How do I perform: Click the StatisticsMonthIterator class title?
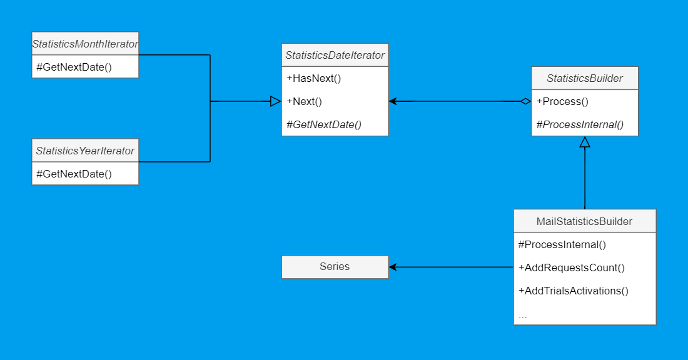tap(85, 44)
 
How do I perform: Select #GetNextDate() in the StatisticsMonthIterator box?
tap(74, 67)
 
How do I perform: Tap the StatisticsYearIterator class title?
tap(85, 151)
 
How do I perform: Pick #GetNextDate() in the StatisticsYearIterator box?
tap(74, 174)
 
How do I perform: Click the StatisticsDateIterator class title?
tap(335, 55)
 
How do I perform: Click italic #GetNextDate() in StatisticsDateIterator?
tap(324, 124)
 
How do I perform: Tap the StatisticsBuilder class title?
tap(584, 78)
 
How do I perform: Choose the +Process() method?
tap(562, 101)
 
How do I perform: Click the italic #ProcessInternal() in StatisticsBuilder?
tap(580, 124)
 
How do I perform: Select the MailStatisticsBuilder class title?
tap(584, 221)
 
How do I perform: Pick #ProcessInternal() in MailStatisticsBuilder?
tap(562, 244)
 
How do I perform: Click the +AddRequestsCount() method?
tap(572, 267)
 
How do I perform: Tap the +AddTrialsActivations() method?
tap(574, 291)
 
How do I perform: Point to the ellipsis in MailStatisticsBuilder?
tap(523, 314)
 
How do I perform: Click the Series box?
tap(335, 267)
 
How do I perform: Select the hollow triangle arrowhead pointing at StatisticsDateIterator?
tap(275, 101)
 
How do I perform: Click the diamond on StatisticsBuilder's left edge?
tap(525, 101)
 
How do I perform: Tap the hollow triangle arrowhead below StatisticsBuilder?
tap(585, 142)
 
